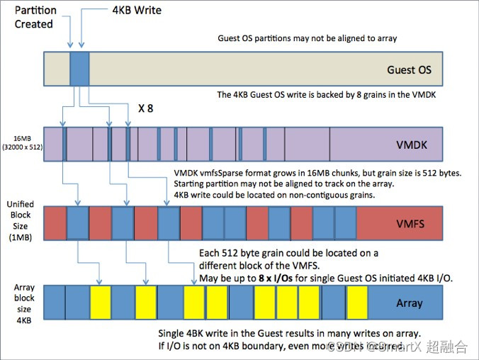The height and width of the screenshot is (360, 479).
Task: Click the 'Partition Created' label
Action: click(34, 16)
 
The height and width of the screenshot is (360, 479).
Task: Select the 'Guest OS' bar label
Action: click(409, 70)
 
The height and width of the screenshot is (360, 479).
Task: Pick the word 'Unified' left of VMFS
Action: click(21, 205)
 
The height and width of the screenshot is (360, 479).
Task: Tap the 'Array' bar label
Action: click(409, 303)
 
